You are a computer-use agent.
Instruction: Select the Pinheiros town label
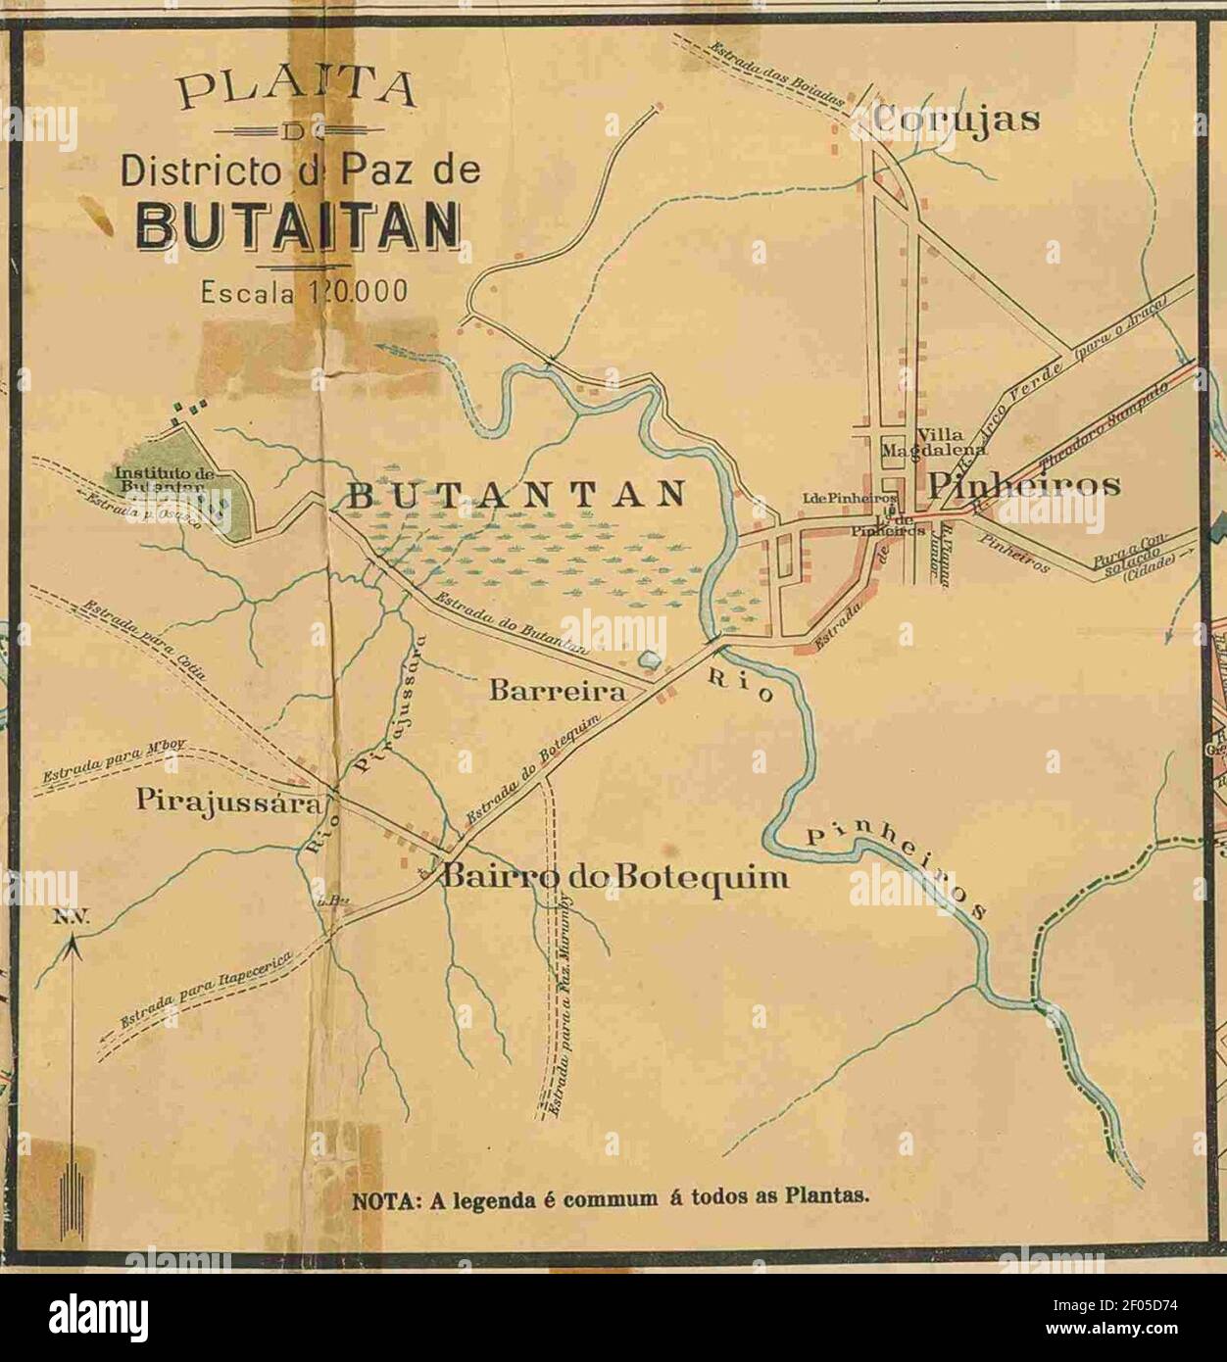pyautogui.click(x=1023, y=484)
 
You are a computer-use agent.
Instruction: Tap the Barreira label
pyautogui.click(x=557, y=692)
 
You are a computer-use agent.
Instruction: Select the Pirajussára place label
pyautogui.click(x=228, y=804)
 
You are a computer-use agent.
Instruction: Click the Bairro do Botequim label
pyautogui.click(x=615, y=877)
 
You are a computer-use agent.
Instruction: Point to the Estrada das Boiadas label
pyautogui.click(x=774, y=73)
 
